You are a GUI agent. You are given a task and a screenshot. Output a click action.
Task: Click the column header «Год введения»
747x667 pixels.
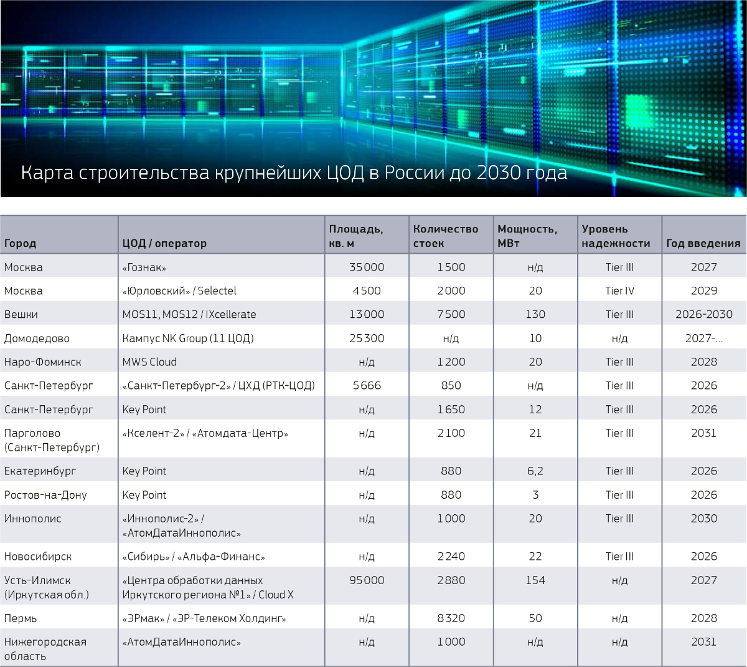click(703, 243)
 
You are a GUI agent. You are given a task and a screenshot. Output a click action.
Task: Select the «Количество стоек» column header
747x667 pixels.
click(445, 236)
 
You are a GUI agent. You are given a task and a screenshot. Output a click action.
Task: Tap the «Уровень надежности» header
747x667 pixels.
click(615, 236)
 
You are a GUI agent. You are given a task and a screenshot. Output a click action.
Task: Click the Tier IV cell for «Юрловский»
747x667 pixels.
click(619, 290)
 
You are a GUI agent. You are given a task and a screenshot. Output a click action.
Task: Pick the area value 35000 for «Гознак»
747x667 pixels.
click(367, 267)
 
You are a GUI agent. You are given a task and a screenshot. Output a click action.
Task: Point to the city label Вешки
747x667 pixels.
click(21, 314)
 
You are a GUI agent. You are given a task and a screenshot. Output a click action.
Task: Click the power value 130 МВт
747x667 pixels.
click(535, 314)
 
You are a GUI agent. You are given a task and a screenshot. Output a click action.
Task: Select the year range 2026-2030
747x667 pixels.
click(703, 314)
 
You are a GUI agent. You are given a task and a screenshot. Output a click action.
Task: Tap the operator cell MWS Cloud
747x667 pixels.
click(149, 362)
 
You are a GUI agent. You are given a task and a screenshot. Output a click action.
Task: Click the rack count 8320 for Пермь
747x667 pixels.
click(451, 618)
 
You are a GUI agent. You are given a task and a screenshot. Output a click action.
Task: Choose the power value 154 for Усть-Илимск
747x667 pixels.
click(535, 580)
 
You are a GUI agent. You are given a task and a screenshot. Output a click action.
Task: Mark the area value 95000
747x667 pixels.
click(367, 580)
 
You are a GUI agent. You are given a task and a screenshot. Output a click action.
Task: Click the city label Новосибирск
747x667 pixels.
click(38, 556)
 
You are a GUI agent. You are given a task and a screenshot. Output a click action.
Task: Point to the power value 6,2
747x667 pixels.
click(535, 471)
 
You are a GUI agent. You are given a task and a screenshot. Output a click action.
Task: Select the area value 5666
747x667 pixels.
click(367, 385)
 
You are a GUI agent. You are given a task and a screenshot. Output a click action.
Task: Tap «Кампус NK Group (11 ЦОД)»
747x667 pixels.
click(188, 338)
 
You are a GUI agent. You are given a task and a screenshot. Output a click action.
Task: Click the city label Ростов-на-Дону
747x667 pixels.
click(45, 495)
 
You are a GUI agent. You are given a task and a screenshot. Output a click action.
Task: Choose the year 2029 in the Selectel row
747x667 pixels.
click(703, 290)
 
